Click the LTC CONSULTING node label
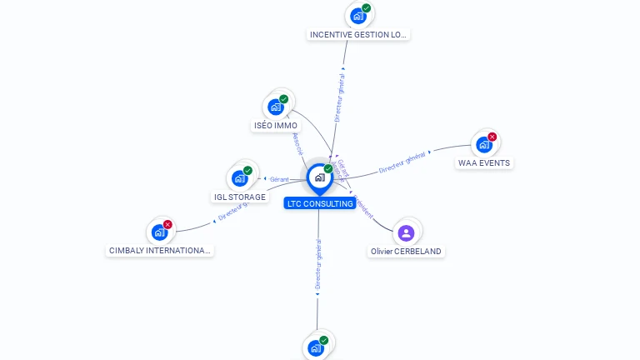pyautogui.click(x=320, y=203)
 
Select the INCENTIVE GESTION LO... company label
pyautogui.click(x=358, y=35)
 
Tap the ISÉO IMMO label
pyautogui.click(x=275, y=126)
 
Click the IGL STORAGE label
pyautogui.click(x=239, y=197)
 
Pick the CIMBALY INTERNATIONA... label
pyautogui.click(x=161, y=250)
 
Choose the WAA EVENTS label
pyautogui.click(x=484, y=163)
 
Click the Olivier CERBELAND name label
pyautogui.click(x=406, y=251)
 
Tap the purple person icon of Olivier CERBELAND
pyautogui.click(x=406, y=232)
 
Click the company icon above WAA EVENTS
pyautogui.click(x=483, y=145)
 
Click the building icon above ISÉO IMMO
pyautogui.click(x=275, y=107)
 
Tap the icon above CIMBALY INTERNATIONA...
pyautogui.click(x=159, y=232)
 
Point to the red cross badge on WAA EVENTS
pyautogui.click(x=492, y=137)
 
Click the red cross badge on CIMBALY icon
pyautogui.click(x=167, y=224)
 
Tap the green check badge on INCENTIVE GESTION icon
pyautogui.click(x=367, y=8)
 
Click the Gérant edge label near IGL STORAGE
pyautogui.click(x=278, y=179)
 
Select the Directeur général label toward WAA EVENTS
pyautogui.click(x=402, y=162)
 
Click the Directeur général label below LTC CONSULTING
pyautogui.click(x=318, y=265)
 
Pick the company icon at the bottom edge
pyautogui.click(x=316, y=348)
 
